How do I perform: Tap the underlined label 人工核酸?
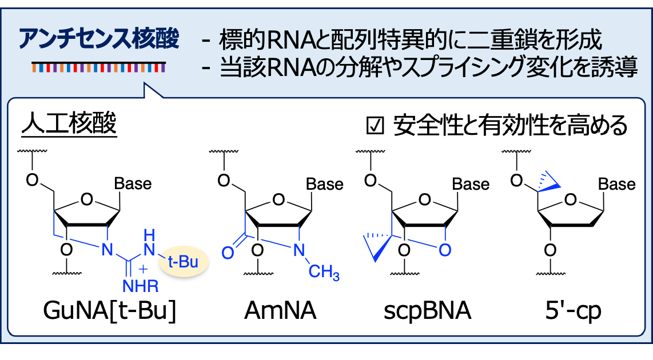point(69,125)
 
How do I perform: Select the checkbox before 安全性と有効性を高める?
point(375,126)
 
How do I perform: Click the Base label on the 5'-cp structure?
point(616,185)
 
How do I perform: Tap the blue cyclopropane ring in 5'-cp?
point(548,178)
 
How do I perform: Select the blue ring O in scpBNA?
point(446,250)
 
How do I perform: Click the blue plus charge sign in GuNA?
point(143,267)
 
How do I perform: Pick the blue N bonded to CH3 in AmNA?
point(298,250)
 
